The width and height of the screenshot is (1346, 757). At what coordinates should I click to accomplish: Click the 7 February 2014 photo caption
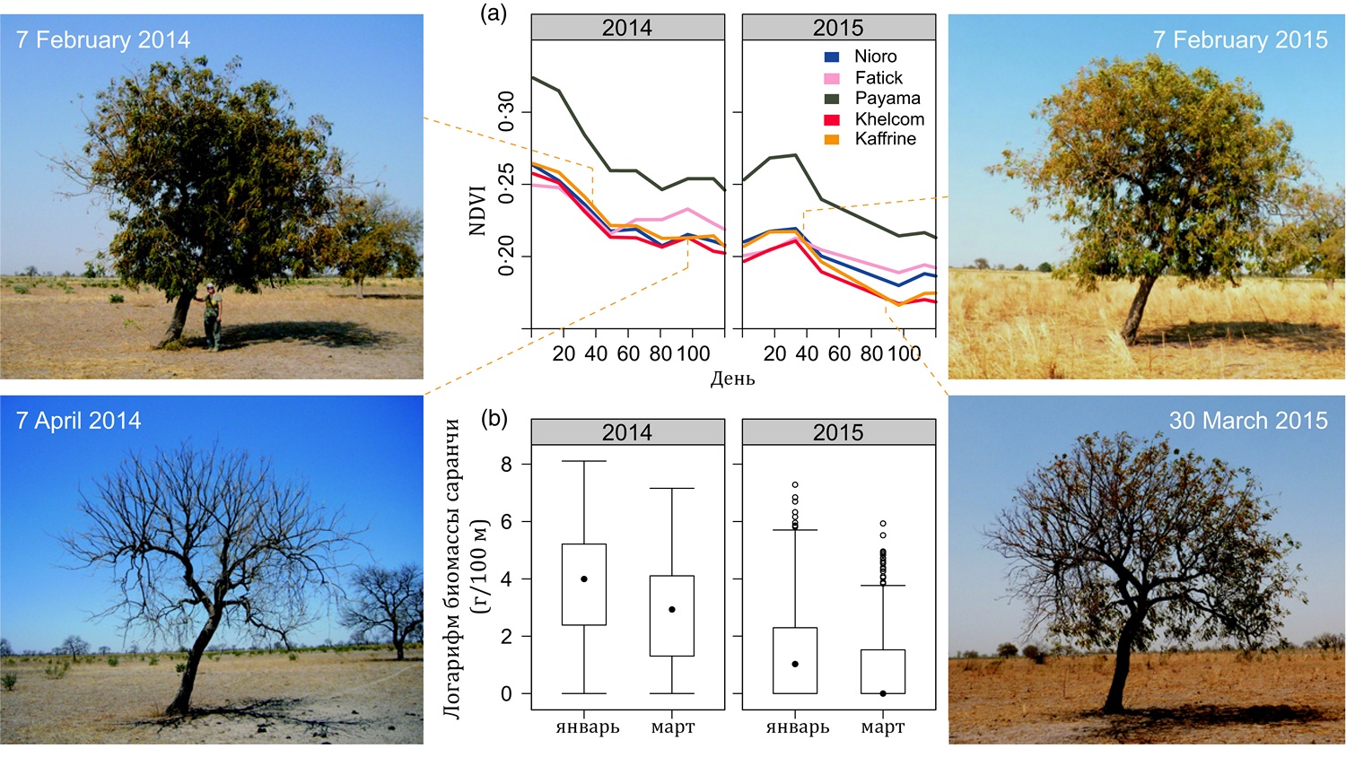[x=102, y=39]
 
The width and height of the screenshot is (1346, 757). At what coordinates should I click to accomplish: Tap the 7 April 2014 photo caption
[x=78, y=421]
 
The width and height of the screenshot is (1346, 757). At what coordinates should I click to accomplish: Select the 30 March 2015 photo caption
[x=1247, y=421]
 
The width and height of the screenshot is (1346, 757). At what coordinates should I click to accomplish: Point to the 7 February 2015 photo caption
[x=1239, y=39]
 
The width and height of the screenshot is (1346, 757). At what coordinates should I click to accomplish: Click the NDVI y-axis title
[x=476, y=210]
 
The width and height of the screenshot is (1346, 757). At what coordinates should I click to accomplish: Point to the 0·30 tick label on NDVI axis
[x=507, y=111]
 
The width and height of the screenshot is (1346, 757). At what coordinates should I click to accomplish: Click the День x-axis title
[x=732, y=378]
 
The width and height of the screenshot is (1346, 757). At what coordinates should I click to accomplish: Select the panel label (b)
[x=494, y=417]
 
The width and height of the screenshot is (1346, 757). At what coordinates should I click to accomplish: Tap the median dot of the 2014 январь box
[x=584, y=579]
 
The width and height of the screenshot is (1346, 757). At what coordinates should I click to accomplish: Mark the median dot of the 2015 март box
[x=883, y=693]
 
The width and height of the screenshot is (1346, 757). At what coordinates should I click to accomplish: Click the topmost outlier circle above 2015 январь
[x=795, y=485]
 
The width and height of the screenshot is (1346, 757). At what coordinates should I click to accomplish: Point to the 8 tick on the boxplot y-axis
[x=507, y=465]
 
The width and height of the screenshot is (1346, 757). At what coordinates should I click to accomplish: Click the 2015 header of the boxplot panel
[x=838, y=432]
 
